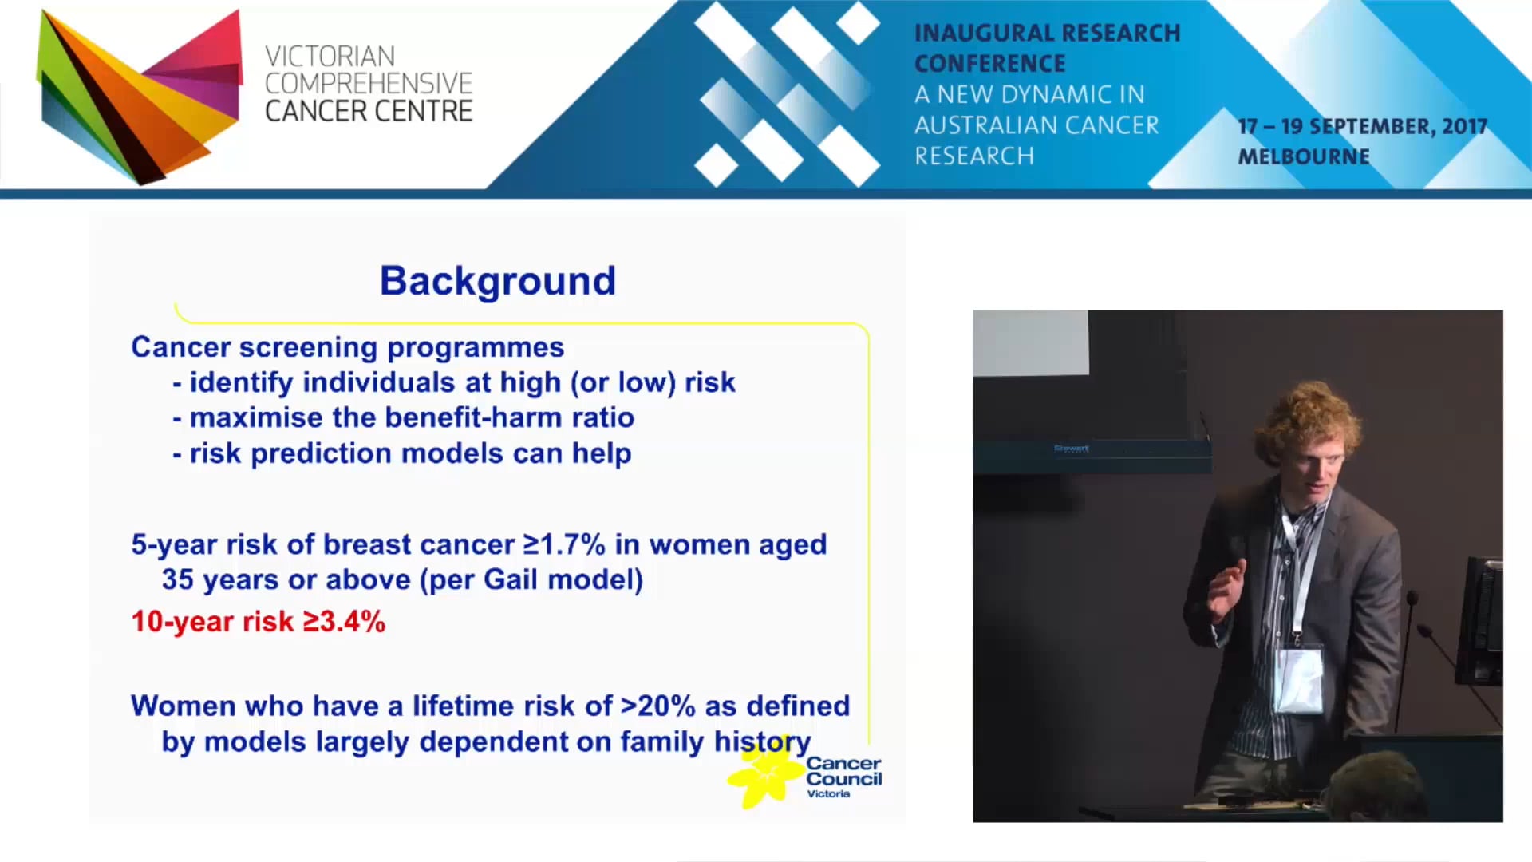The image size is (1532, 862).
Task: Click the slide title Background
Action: point(497,281)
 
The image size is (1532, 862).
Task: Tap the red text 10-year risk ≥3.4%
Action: point(258,622)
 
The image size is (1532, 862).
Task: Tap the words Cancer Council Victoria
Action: point(843,777)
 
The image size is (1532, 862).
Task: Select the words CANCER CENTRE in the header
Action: point(369,112)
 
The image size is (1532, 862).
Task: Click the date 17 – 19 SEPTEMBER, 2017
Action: point(1362,127)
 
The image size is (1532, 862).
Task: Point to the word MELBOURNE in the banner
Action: point(1303,156)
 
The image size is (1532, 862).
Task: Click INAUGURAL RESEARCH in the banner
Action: point(1046,34)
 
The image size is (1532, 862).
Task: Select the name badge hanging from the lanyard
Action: point(1299,679)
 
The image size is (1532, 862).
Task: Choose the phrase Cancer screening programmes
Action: point(347,347)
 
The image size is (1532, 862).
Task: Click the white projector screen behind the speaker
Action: point(1030,342)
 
